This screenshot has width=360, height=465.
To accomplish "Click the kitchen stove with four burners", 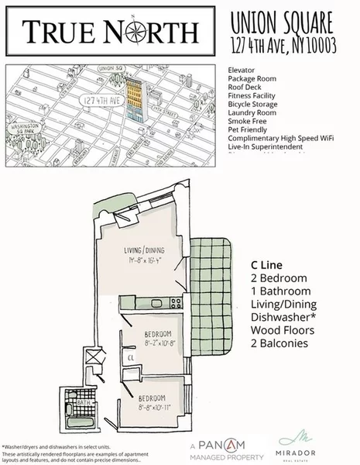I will coord(175,301).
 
